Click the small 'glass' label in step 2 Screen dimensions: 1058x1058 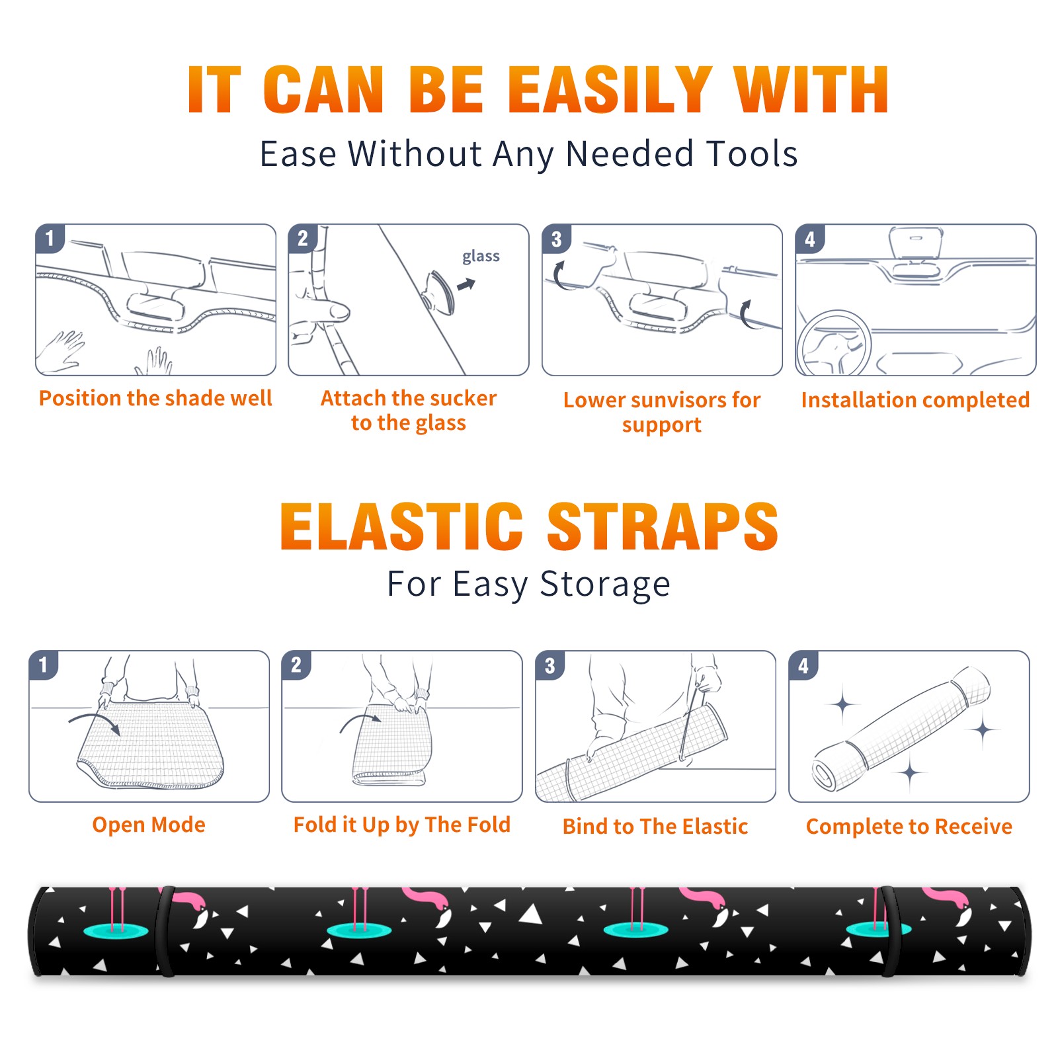481,257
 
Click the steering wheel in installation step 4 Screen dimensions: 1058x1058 834,345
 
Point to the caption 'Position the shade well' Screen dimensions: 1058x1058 155,398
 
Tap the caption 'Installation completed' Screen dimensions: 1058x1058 915,400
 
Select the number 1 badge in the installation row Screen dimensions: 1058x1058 50,238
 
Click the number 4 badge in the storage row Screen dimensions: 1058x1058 803,665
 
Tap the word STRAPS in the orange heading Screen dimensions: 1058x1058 663,526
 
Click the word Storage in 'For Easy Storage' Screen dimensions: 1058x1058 605,585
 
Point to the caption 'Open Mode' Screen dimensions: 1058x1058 149,825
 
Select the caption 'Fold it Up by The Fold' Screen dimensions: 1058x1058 402,825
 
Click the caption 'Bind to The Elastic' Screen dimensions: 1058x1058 655,827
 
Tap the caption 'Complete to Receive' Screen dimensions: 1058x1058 909,827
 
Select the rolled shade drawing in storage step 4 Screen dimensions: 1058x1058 901,728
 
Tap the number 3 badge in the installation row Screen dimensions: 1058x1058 557,239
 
